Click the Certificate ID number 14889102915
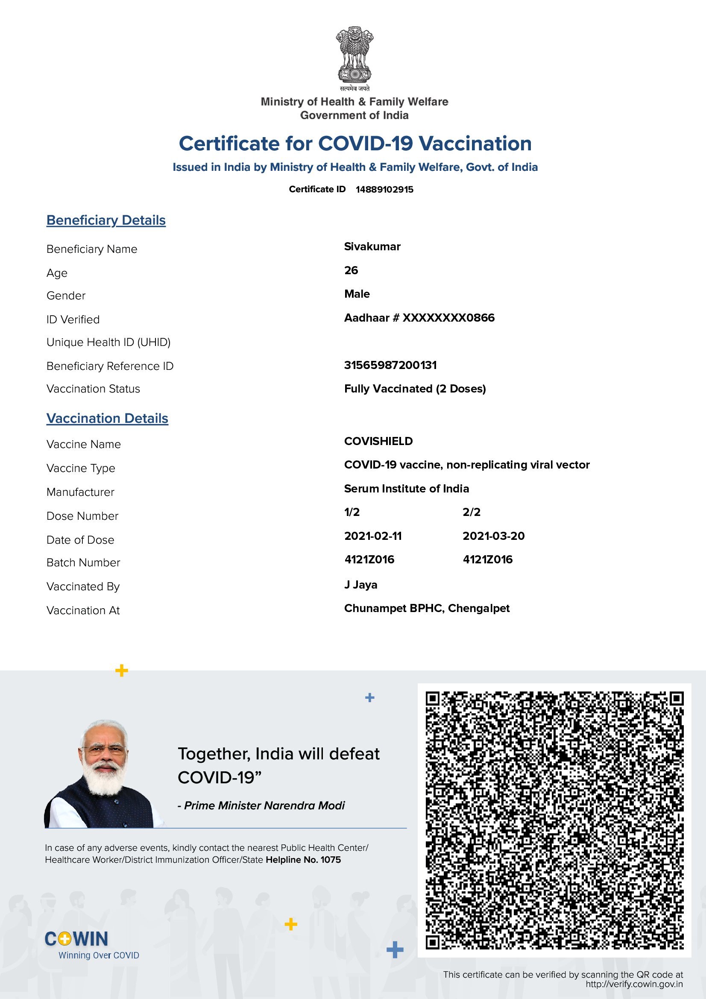384,189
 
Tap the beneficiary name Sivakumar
372,247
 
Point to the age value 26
351,270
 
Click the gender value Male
357,294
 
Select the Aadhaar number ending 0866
419,318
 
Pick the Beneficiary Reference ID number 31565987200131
390,365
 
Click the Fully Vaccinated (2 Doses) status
415,389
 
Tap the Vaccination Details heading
107,418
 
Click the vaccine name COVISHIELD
378,441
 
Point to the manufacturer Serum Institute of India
406,489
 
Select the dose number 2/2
471,512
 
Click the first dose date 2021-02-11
373,536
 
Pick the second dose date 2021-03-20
493,536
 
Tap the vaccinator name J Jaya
360,585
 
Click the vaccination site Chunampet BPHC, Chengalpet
426,608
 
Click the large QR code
554,820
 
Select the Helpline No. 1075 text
303,860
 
